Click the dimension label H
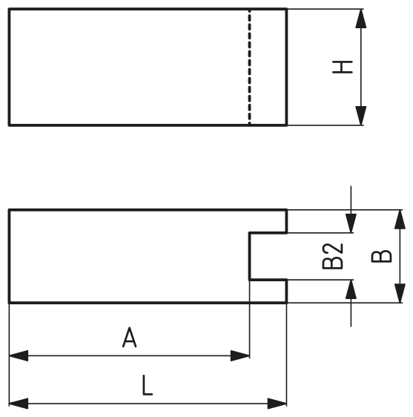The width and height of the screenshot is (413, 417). point(343,67)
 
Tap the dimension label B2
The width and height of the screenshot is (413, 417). point(332,256)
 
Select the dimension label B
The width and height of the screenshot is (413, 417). point(382,256)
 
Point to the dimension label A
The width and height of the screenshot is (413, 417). point(130,337)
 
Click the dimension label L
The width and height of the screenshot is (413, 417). point(148,385)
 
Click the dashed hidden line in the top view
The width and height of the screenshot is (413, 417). point(249,67)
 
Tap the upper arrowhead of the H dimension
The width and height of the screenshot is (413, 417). point(361,19)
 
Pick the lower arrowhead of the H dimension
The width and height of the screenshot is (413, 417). point(361,116)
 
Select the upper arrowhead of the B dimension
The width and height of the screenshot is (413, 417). point(400,220)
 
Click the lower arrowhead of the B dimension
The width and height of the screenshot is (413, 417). point(400,293)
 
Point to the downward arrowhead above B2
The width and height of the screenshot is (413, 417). point(351,223)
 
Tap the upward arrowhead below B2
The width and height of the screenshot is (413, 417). point(351,289)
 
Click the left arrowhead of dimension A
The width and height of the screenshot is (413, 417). point(19,355)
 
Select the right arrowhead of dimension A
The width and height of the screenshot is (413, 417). point(240,355)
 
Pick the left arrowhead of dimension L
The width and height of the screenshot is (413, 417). point(19,404)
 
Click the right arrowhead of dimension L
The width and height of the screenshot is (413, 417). point(277,404)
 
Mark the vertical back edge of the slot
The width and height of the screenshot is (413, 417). point(250,257)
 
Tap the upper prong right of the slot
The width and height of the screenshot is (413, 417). point(268,221)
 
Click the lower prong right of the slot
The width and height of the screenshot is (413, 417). point(268,291)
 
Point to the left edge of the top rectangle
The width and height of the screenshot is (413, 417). point(9,67)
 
